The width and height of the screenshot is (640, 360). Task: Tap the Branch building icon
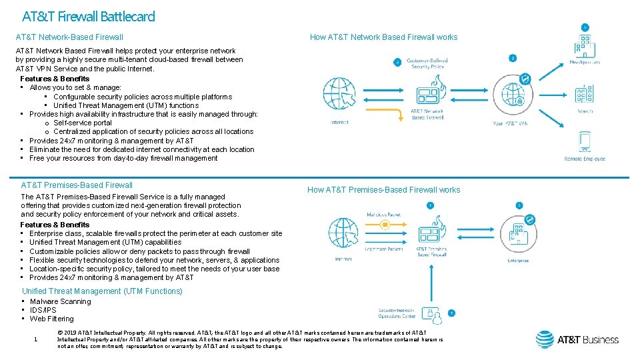[x=585, y=95]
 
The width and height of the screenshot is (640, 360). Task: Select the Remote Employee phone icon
[x=585, y=142]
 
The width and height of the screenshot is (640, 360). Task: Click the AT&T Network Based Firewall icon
[x=427, y=93]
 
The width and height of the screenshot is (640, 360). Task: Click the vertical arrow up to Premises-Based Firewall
[x=427, y=279]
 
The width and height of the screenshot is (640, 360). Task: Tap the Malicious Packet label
[x=383, y=215]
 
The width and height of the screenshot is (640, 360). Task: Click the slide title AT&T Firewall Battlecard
[x=89, y=16]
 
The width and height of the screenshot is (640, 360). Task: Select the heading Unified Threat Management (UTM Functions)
[x=102, y=291]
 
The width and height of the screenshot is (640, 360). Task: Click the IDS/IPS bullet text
[x=43, y=310]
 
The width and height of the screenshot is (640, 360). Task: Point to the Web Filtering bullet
[x=51, y=319]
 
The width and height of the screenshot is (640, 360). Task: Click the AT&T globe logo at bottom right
[x=545, y=339]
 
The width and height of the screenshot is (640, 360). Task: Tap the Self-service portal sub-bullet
[x=83, y=123]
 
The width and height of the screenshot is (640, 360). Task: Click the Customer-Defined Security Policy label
[x=427, y=63]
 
